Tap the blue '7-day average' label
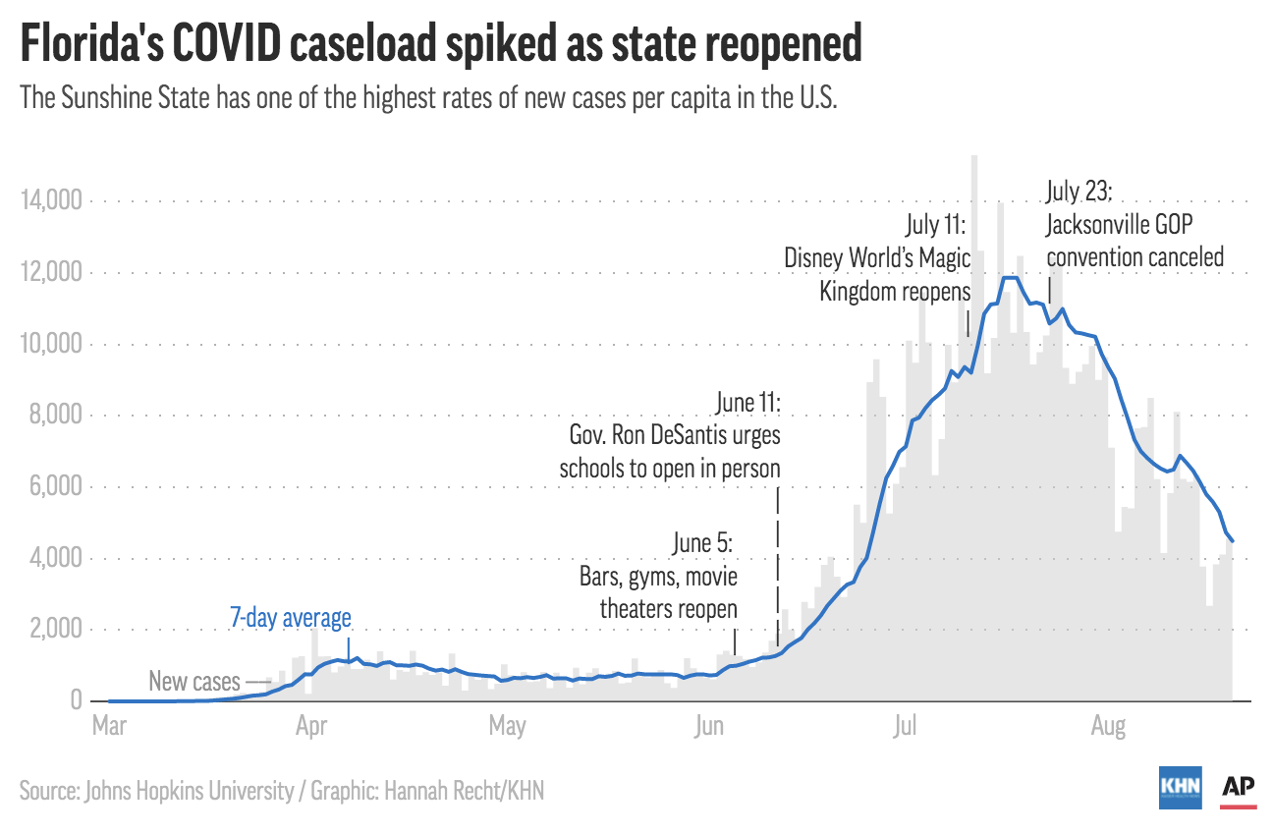pyautogui.click(x=290, y=618)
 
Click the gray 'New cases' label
pyautogui.click(x=194, y=681)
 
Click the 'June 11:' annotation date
pyautogui.click(x=747, y=404)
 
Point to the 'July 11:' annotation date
pyautogui.click(x=937, y=225)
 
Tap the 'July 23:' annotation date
pyautogui.click(x=1079, y=191)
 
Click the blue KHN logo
pyautogui.click(x=1180, y=787)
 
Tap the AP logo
pyautogui.click(x=1239, y=787)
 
